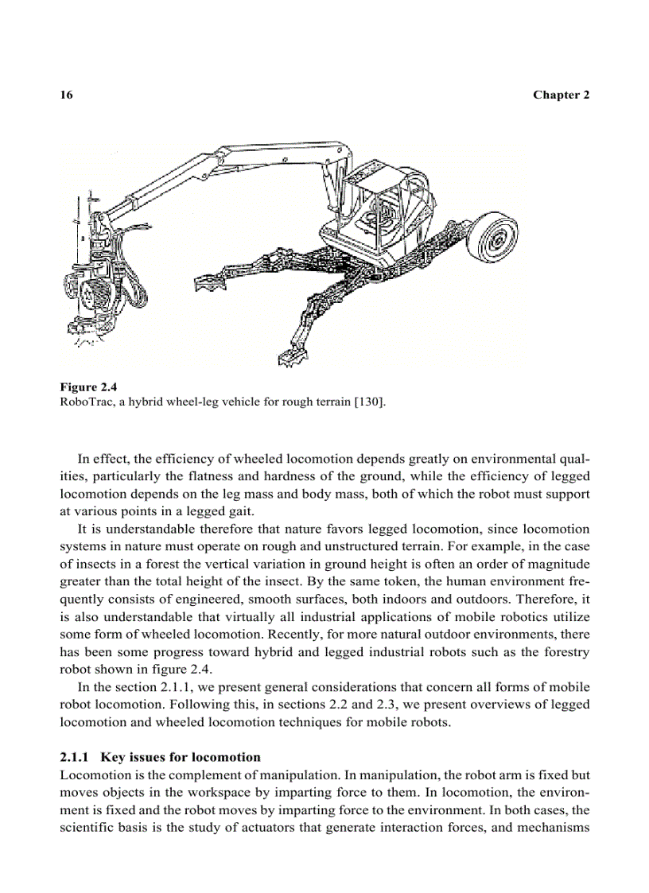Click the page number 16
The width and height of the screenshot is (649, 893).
tap(67, 95)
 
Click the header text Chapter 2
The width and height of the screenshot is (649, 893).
tap(561, 95)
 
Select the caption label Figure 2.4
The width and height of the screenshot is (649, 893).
tap(88, 387)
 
